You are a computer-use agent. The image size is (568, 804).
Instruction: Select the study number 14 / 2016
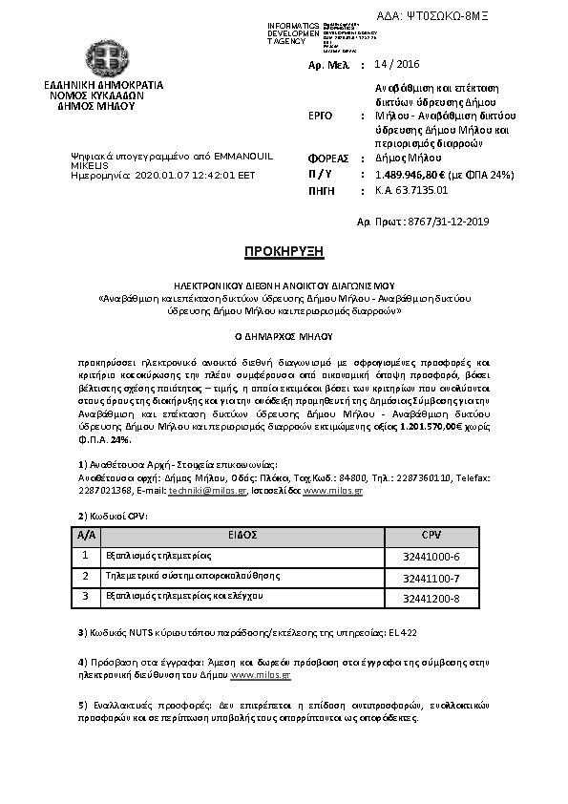(x=399, y=64)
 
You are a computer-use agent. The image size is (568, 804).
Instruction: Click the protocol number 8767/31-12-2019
(x=448, y=222)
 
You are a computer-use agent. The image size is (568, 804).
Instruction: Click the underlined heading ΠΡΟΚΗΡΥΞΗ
(x=284, y=251)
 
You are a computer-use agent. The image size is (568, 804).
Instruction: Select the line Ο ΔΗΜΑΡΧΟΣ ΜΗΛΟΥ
(x=284, y=337)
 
